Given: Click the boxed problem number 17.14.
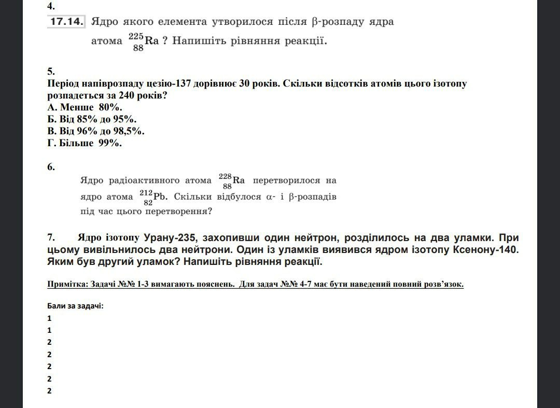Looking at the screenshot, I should pos(66,22).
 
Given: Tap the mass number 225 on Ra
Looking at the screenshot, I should pos(135,36).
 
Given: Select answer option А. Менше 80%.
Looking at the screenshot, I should pos(85,107).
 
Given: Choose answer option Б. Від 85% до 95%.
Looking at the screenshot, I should pos(92,119).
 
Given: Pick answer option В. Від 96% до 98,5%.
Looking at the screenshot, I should pos(96,131).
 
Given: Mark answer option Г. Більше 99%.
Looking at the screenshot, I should pos(85,143).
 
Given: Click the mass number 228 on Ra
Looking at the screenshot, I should pos(225,176).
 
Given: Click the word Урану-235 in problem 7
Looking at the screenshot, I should pos(171,238).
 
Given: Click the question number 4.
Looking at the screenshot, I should pos(50,7).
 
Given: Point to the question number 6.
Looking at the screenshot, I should pos(50,167).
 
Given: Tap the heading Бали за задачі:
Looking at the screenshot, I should pos(75,305).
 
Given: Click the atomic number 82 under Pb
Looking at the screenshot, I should pos(148,203).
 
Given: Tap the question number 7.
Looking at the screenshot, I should pos(51,238).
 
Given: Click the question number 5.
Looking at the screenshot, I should pos(50,72).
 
